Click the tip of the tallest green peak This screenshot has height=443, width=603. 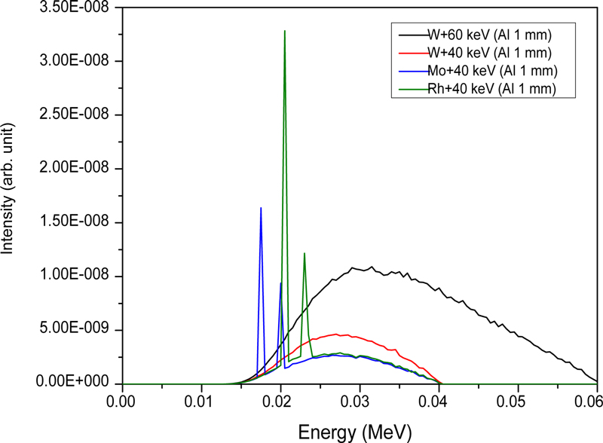point(285,31)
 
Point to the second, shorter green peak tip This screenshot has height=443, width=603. point(304,253)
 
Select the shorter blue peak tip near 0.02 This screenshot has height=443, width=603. point(281,283)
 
